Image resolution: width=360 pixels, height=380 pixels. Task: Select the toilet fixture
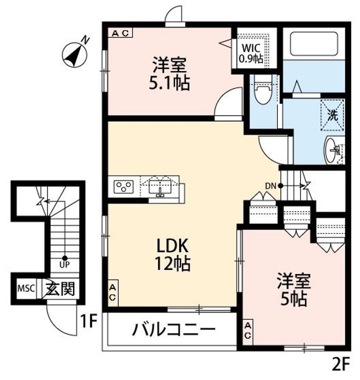(263, 90)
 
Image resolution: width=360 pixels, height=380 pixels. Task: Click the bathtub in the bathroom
(314, 44)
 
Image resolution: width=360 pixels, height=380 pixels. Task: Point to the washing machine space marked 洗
(333, 115)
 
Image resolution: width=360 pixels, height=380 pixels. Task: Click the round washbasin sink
(333, 150)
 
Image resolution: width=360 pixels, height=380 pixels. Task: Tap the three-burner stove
(123, 187)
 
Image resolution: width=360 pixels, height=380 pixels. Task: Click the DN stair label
(271, 186)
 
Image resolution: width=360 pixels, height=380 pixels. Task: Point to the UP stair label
(64, 264)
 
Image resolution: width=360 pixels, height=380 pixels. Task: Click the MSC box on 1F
(26, 288)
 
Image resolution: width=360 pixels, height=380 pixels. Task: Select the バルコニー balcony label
(173, 329)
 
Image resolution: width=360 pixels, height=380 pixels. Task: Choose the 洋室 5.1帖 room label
(169, 74)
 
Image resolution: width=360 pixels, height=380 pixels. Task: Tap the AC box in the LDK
(113, 293)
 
